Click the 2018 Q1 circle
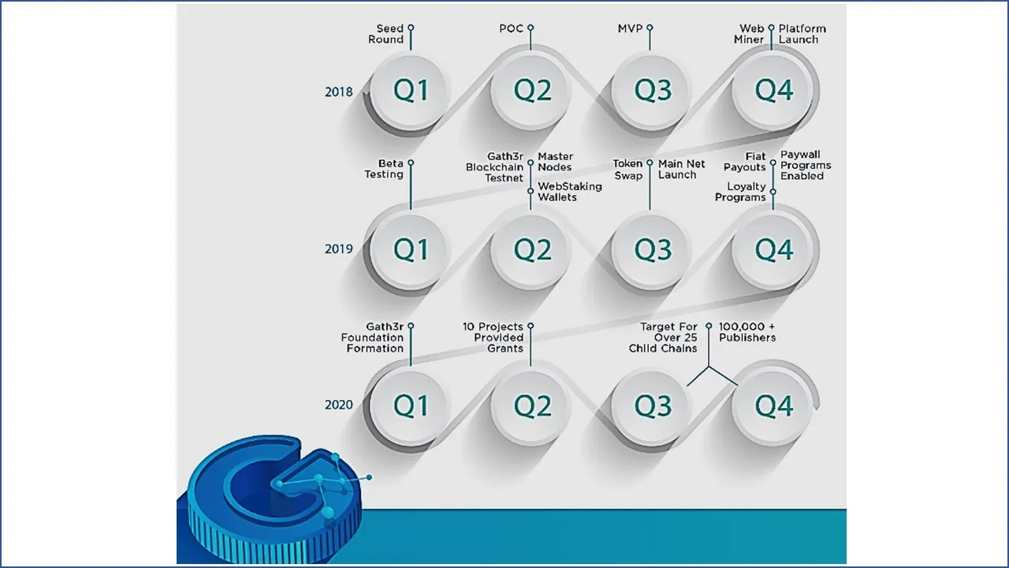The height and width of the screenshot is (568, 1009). (x=410, y=91)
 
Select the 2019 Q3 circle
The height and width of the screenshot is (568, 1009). (x=651, y=251)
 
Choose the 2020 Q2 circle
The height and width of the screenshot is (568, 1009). (x=531, y=406)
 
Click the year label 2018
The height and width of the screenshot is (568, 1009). (x=339, y=92)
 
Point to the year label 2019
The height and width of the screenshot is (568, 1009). (x=339, y=248)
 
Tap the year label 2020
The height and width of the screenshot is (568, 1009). (x=339, y=405)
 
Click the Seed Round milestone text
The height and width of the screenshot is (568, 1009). (x=386, y=34)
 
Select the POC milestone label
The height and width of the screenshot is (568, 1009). (x=512, y=28)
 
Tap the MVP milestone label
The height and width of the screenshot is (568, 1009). (x=630, y=28)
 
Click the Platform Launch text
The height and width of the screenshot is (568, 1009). (x=802, y=34)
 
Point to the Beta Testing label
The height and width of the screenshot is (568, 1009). (x=384, y=169)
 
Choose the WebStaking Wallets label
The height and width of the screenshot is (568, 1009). (x=570, y=192)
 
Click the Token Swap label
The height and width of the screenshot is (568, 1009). (x=628, y=170)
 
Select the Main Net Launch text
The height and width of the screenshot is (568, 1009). (x=682, y=169)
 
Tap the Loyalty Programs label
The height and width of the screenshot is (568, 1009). (x=740, y=192)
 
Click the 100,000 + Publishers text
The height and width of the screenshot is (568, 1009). (x=747, y=332)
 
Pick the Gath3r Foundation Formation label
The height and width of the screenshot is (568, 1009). (x=372, y=337)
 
